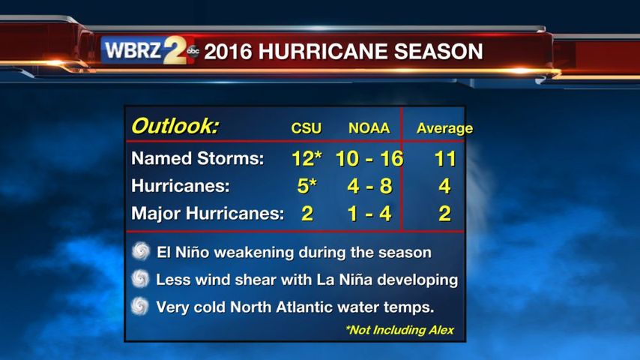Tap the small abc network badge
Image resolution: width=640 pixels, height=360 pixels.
point(193,51)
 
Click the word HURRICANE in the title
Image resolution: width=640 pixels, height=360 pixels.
point(322,52)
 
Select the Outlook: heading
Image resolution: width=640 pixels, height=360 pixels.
point(175,126)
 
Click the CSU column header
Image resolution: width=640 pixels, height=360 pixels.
point(306,128)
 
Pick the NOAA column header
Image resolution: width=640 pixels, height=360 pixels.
point(369,128)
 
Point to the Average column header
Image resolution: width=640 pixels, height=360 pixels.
point(444,129)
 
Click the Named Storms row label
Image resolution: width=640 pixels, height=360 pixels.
point(198,158)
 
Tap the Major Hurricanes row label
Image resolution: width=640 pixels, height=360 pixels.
point(208,213)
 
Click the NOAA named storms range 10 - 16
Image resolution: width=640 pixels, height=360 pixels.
point(369,158)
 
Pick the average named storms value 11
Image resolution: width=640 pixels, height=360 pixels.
point(445,158)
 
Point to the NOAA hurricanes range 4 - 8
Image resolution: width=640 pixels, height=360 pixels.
point(369,186)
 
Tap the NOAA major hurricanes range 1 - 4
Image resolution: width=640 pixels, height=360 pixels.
point(369,214)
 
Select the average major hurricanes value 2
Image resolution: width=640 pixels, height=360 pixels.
point(445,214)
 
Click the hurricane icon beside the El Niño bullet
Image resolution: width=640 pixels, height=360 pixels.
point(141,251)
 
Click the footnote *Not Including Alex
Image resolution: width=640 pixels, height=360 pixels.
point(399,330)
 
